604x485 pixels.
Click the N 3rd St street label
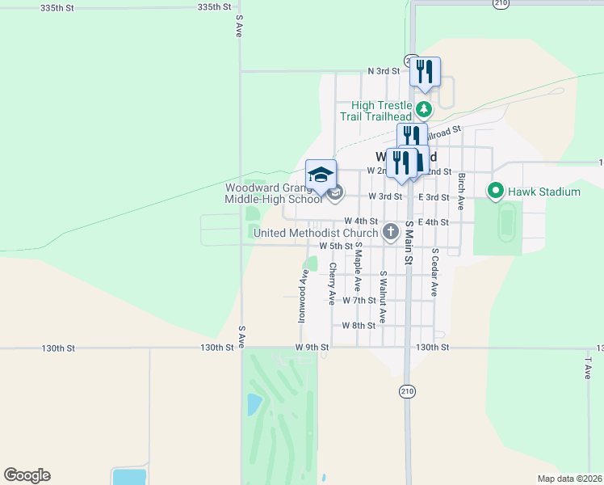384,71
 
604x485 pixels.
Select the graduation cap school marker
321,175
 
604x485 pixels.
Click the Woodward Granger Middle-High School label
273,193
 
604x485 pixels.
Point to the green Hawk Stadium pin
495,192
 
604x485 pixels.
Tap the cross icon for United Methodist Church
391,233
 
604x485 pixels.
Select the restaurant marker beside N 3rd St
425,73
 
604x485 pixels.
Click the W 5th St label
336,246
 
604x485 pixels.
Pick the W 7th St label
359,300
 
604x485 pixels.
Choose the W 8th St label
359,326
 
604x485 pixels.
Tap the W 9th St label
312,348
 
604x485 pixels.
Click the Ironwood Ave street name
302,296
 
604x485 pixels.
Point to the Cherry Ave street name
332,283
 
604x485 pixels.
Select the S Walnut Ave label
383,296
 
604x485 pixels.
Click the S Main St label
409,243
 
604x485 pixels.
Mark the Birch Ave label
461,188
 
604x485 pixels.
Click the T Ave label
588,368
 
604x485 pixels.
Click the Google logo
27,475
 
